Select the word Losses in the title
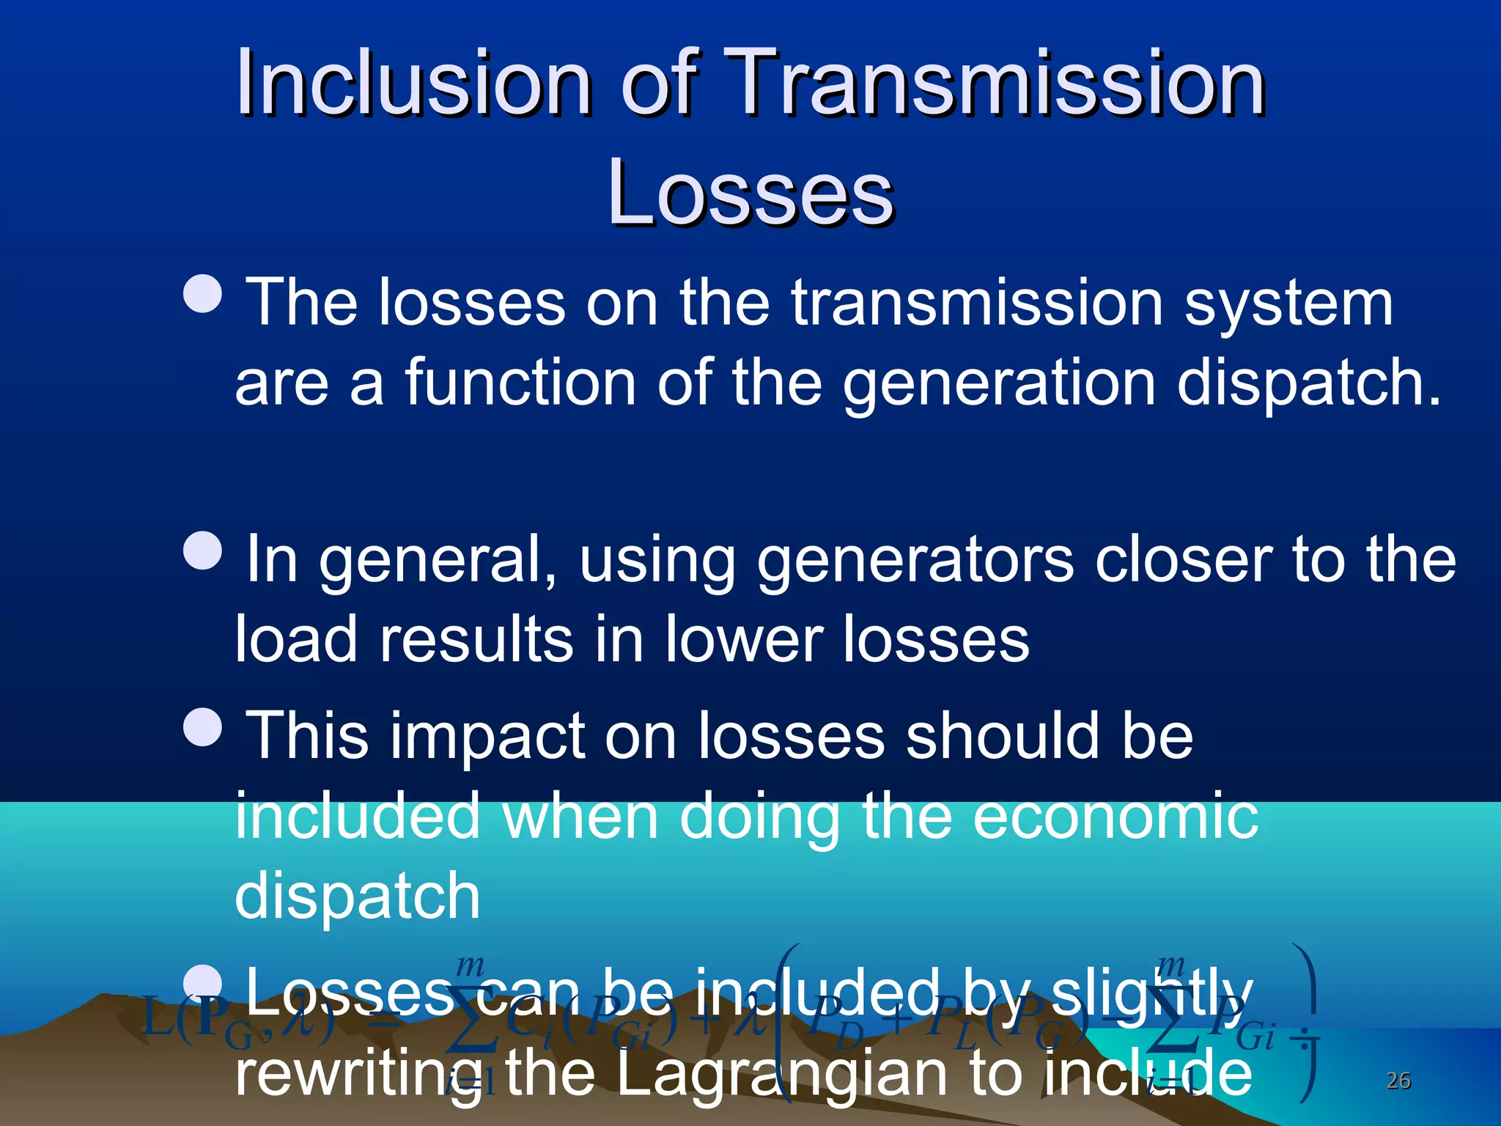tap(750, 192)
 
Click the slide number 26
tap(1398, 1081)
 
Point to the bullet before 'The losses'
tap(202, 294)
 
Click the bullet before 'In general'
tap(202, 550)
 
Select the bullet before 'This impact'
tap(202, 726)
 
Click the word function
tap(520, 382)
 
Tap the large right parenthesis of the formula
tap(1306, 1023)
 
